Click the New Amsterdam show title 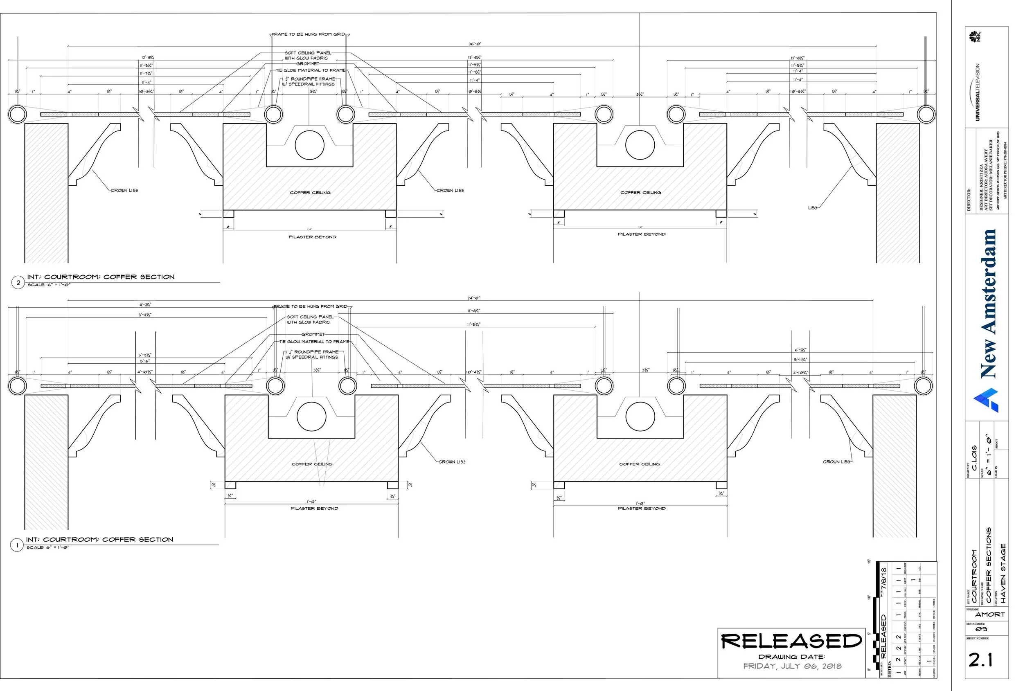coord(988,303)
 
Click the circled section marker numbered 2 coord(18,283)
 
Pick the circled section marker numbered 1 coord(17,545)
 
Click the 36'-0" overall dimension coord(475,44)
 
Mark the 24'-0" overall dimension coord(473,298)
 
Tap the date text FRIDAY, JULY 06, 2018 coord(792,666)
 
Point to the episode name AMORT coord(990,614)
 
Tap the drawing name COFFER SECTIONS coord(989,565)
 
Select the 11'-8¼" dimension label coord(473,311)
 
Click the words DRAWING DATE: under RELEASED coord(791,657)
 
